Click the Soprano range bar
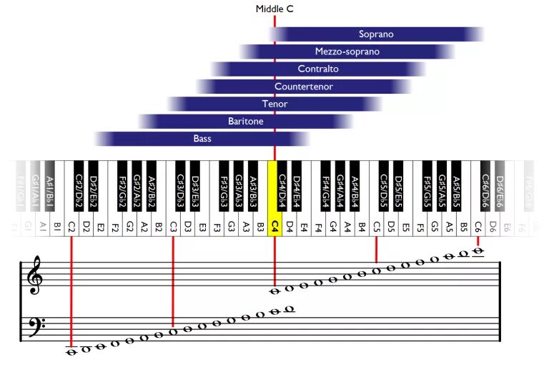[x=376, y=34]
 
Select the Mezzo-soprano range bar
[x=347, y=52]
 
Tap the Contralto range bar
[x=318, y=69]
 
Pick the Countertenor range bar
[x=304, y=87]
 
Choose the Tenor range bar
[x=274, y=104]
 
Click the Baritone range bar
[x=245, y=122]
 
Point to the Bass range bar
[x=202, y=139]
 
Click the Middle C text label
[x=274, y=9]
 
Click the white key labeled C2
[x=71, y=225]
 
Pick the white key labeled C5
[x=377, y=225]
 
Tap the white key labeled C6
[x=478, y=225]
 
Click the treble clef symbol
[x=34, y=276]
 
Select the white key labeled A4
[x=347, y=225]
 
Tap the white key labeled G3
[x=232, y=225]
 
